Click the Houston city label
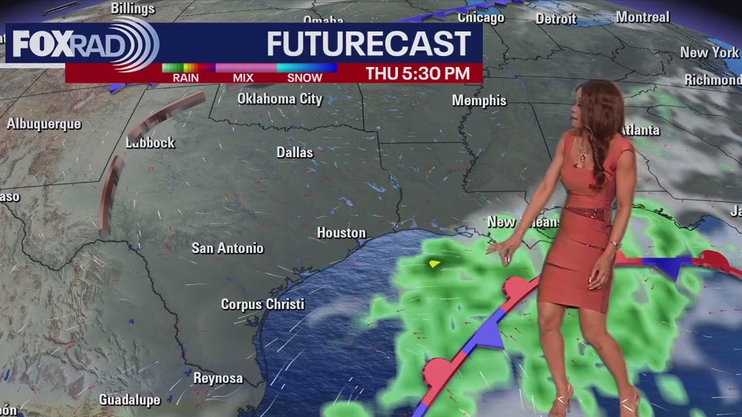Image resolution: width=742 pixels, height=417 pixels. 341,233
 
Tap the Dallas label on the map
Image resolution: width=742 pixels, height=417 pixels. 295,152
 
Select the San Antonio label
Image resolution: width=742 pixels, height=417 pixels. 227,248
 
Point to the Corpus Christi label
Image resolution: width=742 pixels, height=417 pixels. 263,304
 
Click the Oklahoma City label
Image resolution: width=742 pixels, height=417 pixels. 280,99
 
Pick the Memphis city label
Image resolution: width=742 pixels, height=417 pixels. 479,101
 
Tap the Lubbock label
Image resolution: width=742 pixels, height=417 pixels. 150,143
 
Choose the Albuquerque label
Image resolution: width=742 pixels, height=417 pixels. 44,124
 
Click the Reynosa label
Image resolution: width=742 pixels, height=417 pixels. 218,378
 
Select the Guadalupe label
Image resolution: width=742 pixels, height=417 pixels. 130,400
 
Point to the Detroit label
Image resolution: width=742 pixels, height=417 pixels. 556,18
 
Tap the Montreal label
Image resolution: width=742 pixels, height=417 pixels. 642,16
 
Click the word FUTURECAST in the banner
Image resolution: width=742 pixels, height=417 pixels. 368,44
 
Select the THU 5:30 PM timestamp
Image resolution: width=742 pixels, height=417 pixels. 417,74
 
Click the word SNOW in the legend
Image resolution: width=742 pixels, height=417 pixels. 304,78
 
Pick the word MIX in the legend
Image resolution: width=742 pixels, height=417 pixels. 243,78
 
